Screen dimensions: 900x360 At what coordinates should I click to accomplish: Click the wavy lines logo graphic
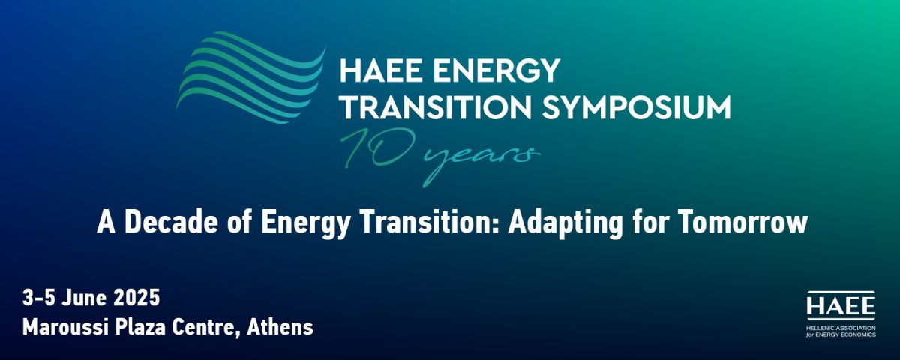250,77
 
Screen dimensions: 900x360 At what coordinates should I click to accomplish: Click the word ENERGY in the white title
496,70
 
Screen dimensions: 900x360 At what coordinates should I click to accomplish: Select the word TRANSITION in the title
439,107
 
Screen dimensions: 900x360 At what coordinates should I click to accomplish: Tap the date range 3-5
38,298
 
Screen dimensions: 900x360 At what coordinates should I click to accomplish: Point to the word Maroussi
65,327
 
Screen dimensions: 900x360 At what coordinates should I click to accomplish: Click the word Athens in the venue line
280,327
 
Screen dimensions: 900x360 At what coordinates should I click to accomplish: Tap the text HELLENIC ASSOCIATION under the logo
840,328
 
